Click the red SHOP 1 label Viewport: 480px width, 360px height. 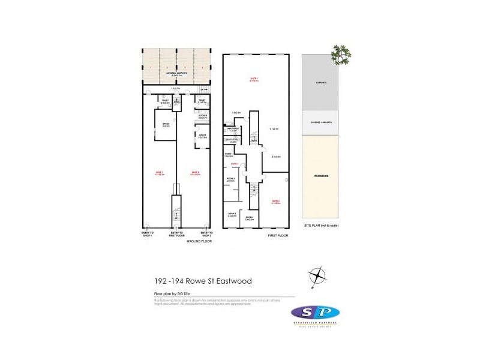[160, 173]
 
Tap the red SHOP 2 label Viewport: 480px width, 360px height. [196, 173]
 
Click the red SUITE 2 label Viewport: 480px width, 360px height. [254, 80]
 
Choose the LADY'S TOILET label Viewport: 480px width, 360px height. [232, 140]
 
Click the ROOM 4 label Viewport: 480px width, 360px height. [232, 214]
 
